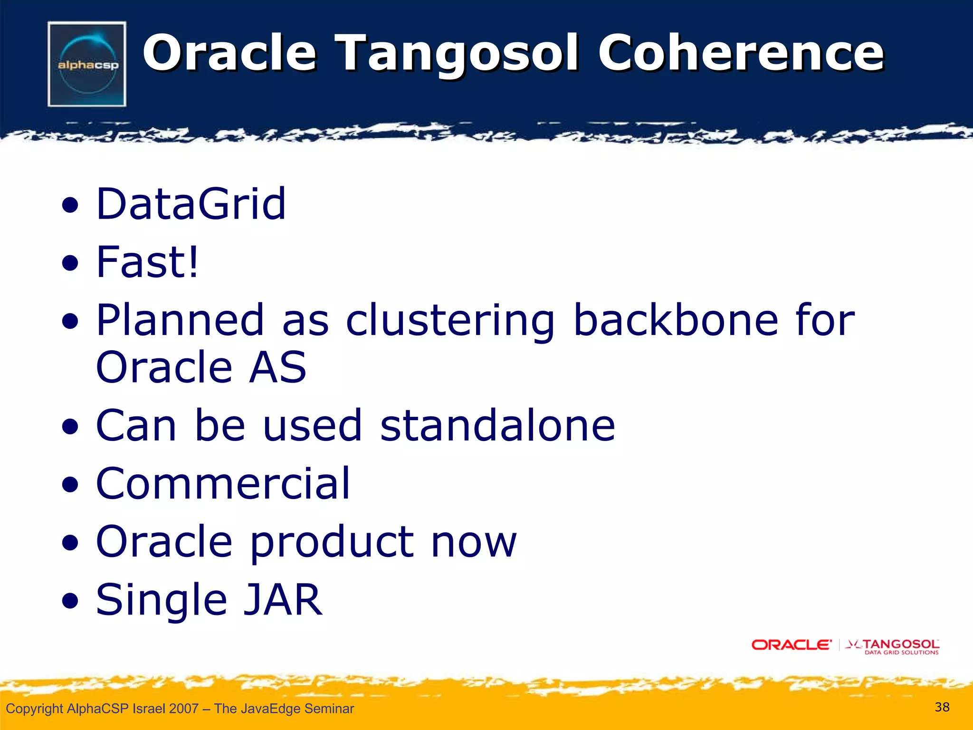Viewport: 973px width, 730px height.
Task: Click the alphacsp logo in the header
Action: pyautogui.click(x=87, y=64)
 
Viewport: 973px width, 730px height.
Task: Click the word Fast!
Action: pyautogui.click(x=147, y=262)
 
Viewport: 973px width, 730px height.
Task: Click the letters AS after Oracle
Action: pyautogui.click(x=278, y=367)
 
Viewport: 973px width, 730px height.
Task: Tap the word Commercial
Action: pyautogui.click(x=223, y=483)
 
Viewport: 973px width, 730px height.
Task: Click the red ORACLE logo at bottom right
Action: pyautogui.click(x=791, y=645)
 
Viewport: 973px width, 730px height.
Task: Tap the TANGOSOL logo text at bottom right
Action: pyautogui.click(x=900, y=644)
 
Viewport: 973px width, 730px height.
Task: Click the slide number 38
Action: pyautogui.click(x=942, y=707)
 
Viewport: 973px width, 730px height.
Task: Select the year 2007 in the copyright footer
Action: pyautogui.click(x=183, y=709)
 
